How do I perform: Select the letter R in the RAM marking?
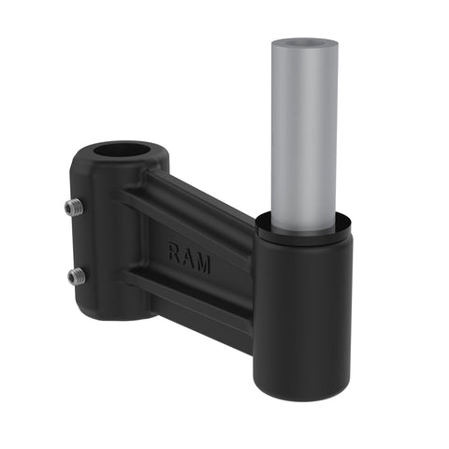point(175,253)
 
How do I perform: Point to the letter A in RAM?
point(189,257)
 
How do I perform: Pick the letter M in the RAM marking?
point(203,263)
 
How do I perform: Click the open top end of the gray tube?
point(304,44)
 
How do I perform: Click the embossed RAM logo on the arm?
point(189,257)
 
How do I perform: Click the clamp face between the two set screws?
point(80,241)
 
